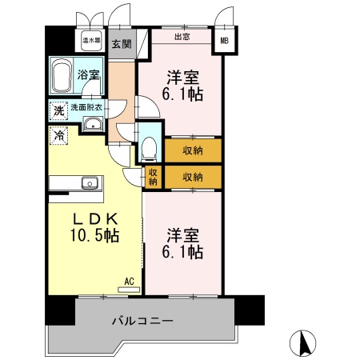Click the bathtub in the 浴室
pos(62,78)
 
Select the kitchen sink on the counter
pos(90,182)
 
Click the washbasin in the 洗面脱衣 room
pos(93,123)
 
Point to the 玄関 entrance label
pos(122,44)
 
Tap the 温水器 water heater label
pos(90,39)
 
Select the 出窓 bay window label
pos(181,36)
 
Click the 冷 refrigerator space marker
pos(58,136)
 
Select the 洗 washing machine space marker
pos(58,111)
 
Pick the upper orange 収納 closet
pos(192,150)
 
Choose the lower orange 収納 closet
pos(192,177)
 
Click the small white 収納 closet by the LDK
pos(153,176)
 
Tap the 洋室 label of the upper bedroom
pos(183,78)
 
